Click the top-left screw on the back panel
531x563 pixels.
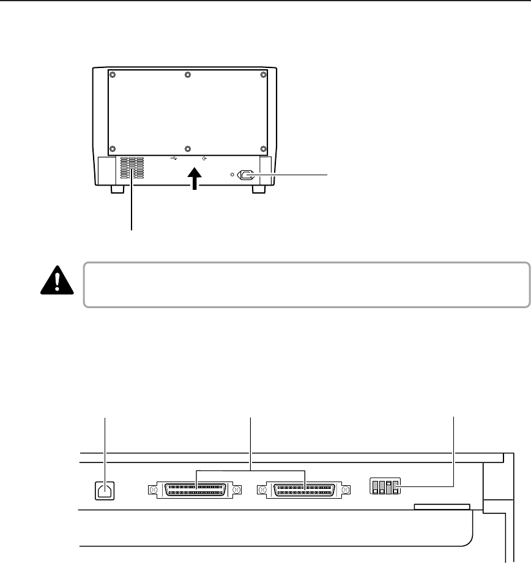coord(111,75)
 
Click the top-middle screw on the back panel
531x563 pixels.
coord(187,75)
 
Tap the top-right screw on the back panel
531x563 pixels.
coord(263,75)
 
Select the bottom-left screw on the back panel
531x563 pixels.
coord(111,149)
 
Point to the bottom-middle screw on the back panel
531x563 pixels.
coord(187,149)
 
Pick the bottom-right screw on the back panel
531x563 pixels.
coord(263,149)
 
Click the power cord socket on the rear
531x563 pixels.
coord(248,175)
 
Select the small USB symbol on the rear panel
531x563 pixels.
coord(174,158)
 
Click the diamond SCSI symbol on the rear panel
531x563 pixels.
coord(203,158)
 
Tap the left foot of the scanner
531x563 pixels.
coord(116,190)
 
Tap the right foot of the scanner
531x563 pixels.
coord(259,190)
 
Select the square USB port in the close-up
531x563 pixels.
coord(105,490)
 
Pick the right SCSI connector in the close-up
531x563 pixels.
coord(304,490)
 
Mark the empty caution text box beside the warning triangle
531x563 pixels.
coord(306,285)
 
